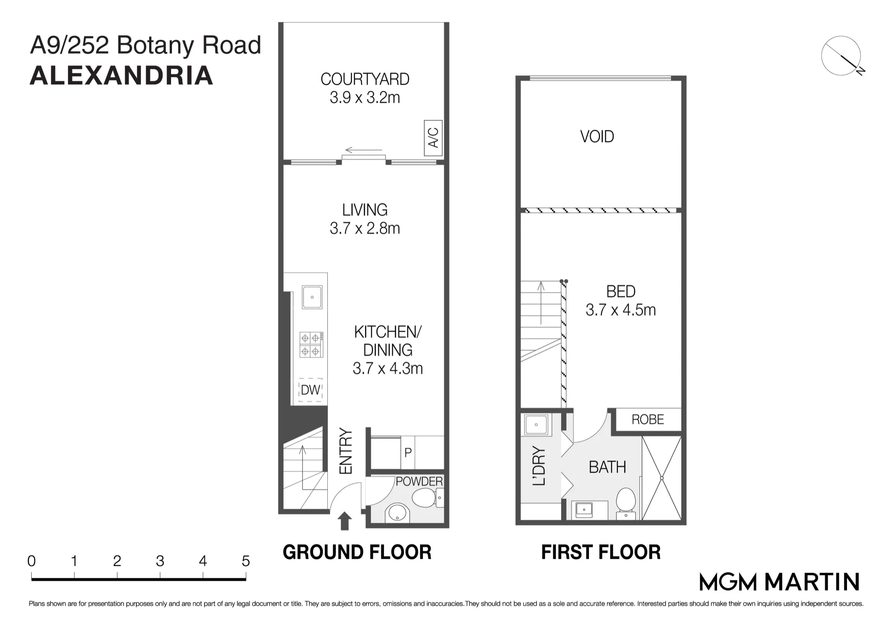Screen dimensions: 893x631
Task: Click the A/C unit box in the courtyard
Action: [x=433, y=138]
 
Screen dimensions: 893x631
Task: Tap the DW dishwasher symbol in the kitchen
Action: [x=310, y=390]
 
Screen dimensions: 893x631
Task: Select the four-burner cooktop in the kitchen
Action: [x=311, y=345]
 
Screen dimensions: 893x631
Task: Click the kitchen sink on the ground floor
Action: [x=312, y=297]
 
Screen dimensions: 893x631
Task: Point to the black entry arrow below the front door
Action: [x=344, y=521]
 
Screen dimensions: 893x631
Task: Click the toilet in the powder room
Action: [x=425, y=498]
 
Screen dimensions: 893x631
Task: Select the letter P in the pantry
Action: [x=408, y=452]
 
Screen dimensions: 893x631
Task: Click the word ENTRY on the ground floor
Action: [x=346, y=451]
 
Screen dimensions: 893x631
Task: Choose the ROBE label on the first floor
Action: [x=648, y=419]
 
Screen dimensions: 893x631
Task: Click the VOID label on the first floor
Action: [x=597, y=137]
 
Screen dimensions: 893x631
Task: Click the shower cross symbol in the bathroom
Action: [x=662, y=478]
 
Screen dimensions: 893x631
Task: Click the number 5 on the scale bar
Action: [x=246, y=561]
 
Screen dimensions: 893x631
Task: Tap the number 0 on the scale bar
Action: [x=31, y=561]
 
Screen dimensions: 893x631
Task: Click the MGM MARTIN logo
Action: [x=779, y=582]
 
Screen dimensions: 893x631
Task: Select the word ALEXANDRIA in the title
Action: [x=121, y=75]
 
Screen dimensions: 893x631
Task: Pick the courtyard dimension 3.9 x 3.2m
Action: [x=365, y=97]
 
